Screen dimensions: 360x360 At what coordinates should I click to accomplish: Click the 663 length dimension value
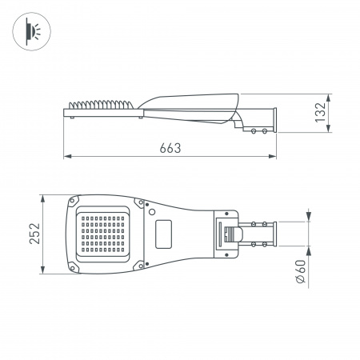tap(170, 147)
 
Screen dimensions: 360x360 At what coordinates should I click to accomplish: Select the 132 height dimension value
tap(319, 113)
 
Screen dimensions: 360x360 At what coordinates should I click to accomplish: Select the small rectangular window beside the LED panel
tap(166, 233)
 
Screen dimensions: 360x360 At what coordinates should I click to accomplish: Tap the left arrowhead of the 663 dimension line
tap(66, 156)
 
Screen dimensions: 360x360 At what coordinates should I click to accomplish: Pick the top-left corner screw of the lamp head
tap(75, 199)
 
